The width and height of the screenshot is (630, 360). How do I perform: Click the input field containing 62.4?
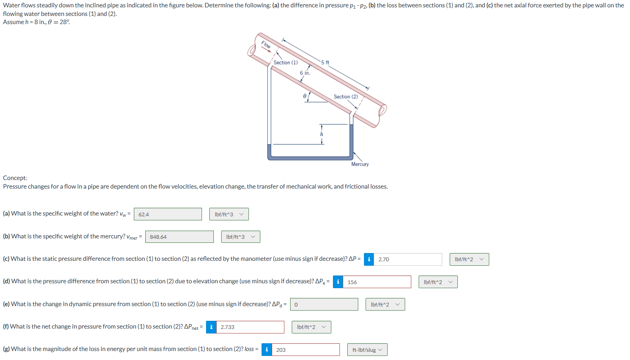click(168, 214)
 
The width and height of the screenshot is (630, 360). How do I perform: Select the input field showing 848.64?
click(179, 237)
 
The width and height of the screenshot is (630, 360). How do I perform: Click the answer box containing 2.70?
click(408, 259)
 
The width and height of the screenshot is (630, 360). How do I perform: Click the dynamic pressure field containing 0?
click(324, 304)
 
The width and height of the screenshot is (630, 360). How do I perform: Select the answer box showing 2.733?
click(250, 327)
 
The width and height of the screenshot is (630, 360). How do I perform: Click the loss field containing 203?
click(305, 350)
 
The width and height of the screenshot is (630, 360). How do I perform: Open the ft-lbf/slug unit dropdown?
click(367, 350)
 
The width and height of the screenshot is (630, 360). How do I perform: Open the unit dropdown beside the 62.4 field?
click(229, 214)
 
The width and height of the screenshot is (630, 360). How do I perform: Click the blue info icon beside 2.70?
click(369, 259)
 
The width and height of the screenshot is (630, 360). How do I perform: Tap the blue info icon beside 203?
click(266, 350)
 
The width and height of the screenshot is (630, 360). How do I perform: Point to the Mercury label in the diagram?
click(360, 164)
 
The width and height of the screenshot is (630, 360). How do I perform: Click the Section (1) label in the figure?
click(286, 62)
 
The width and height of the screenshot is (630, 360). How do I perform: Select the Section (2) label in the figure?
click(346, 97)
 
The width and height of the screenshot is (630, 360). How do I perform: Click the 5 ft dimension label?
click(325, 62)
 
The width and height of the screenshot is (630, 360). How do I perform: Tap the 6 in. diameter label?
click(305, 73)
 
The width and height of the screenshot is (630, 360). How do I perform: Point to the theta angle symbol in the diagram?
click(304, 96)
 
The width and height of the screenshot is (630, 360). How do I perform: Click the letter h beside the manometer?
click(322, 134)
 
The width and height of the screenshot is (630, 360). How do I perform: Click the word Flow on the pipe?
click(266, 45)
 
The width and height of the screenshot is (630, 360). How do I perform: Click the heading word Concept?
click(15, 178)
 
